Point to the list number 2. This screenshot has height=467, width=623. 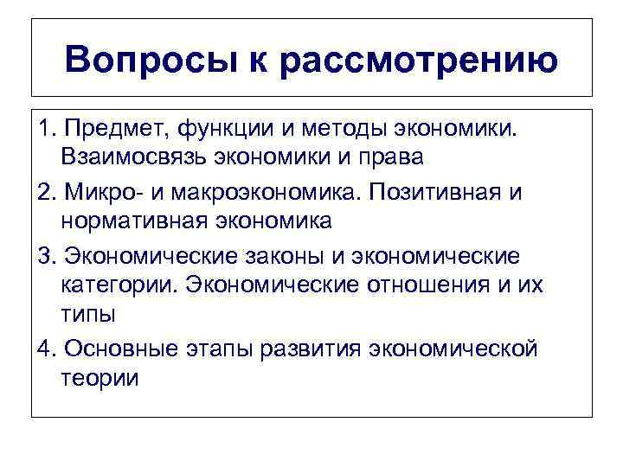point(46,191)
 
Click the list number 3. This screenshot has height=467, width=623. point(46,256)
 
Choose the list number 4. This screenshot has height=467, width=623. point(46,349)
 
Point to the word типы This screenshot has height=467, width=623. point(88,314)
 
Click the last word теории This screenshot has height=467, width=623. point(100,378)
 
